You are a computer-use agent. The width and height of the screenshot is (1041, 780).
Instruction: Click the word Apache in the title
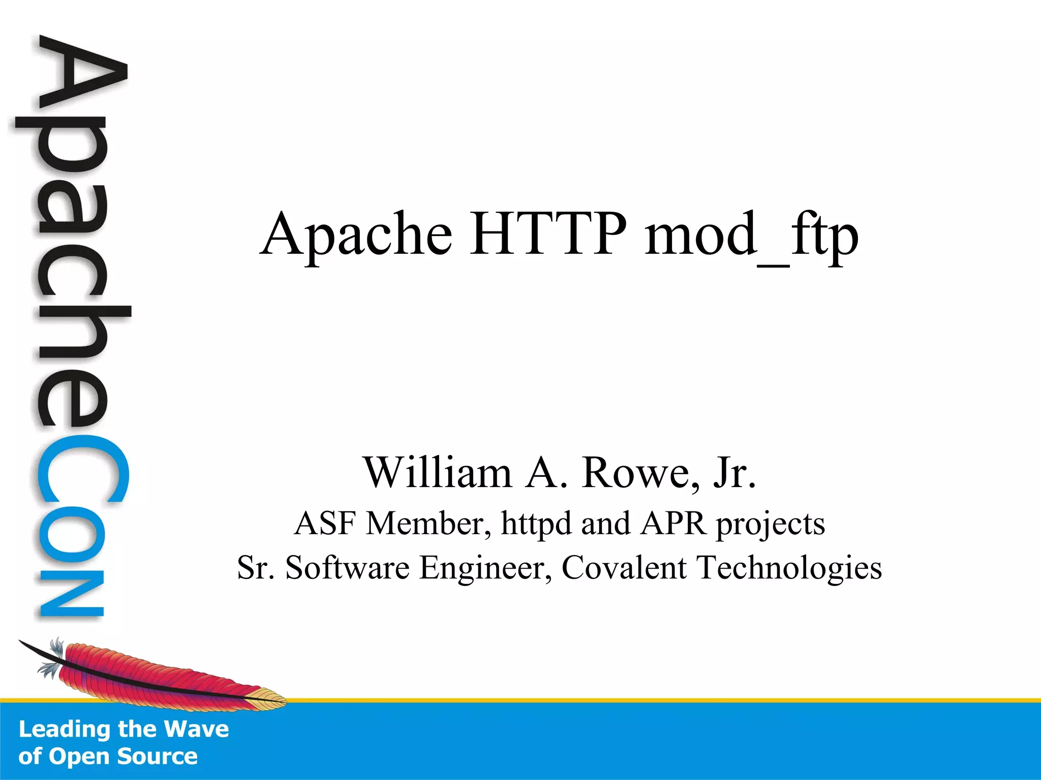356,235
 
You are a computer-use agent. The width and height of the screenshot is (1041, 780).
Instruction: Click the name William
437,472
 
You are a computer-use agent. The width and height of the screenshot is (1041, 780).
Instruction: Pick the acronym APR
673,523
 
